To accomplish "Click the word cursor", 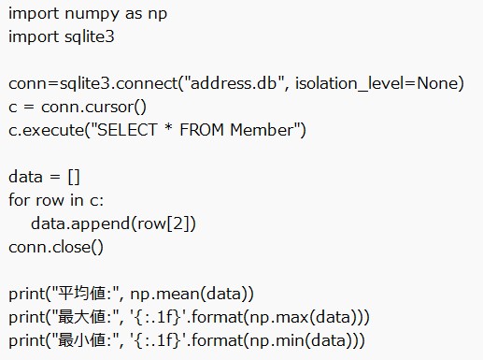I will point(115,107).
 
